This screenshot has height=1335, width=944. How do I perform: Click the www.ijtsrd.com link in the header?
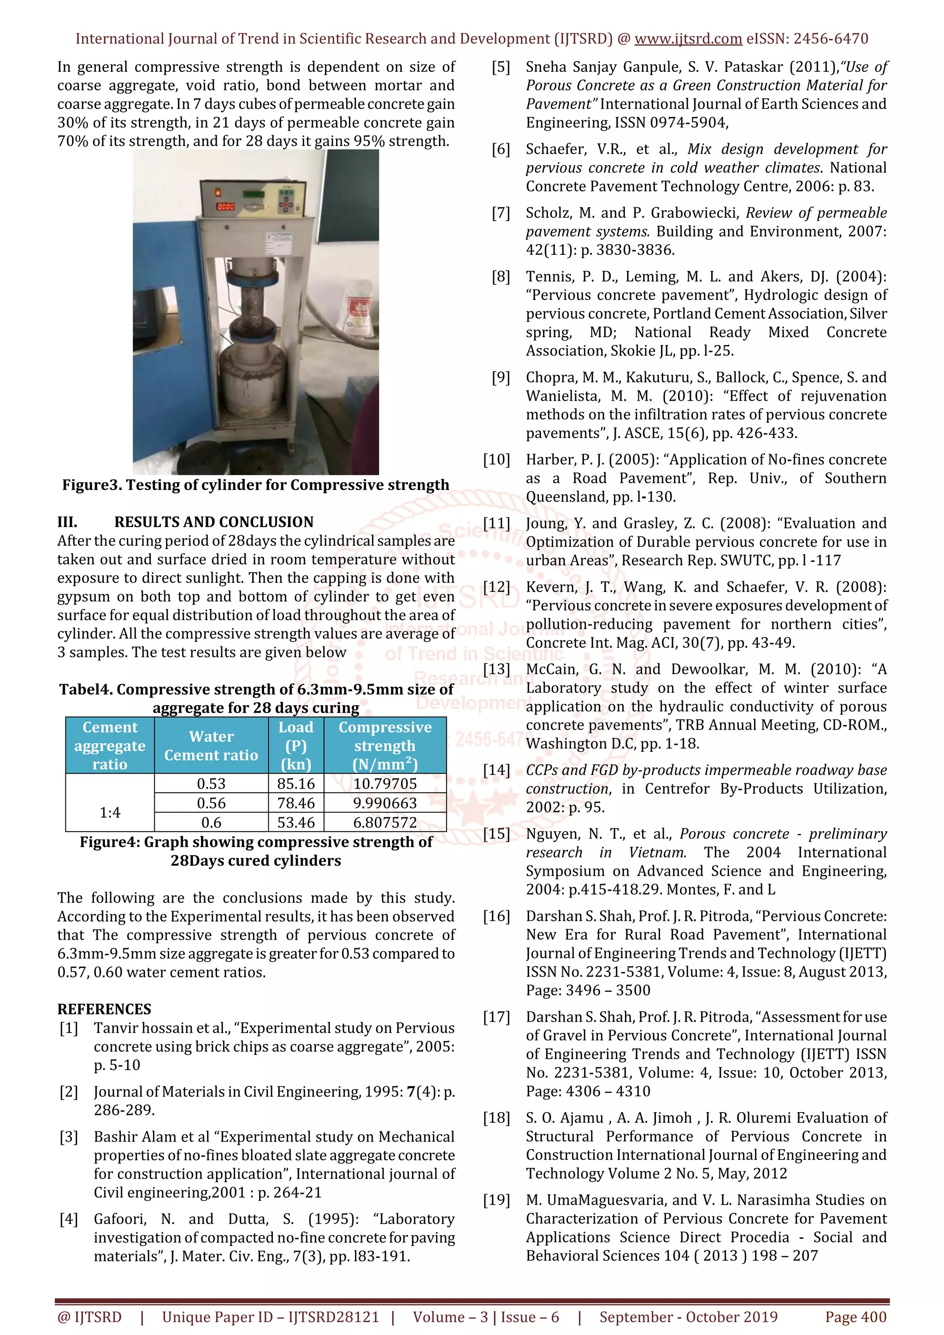[688, 39]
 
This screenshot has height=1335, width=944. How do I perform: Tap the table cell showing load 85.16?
[295, 784]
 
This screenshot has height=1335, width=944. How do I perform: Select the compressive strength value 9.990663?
[384, 803]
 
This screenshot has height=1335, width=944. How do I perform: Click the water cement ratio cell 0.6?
[211, 823]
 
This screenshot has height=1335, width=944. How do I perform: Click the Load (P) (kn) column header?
[295, 745]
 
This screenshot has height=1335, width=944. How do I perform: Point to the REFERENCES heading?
[104, 1009]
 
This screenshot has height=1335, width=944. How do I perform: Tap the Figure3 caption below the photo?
[255, 485]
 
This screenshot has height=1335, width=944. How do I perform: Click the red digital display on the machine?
[226, 206]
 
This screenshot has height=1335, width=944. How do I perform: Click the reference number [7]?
[501, 213]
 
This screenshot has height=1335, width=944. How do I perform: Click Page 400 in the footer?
[855, 1317]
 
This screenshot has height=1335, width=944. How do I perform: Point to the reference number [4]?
[69, 1219]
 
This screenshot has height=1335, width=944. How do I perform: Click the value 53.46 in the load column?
[295, 823]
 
